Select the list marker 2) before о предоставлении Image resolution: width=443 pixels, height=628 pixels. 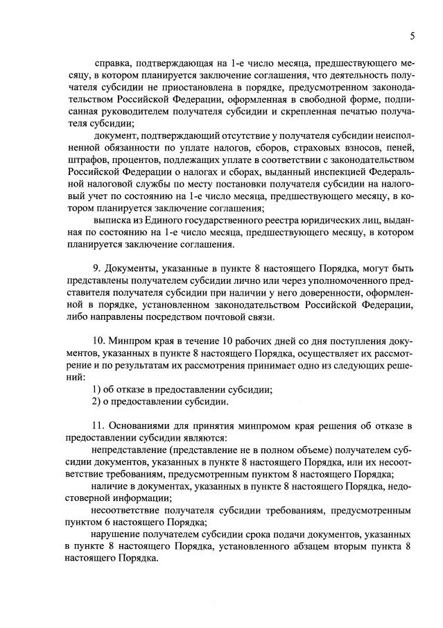pos(96,402)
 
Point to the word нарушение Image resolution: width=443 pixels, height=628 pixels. pos(115,535)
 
